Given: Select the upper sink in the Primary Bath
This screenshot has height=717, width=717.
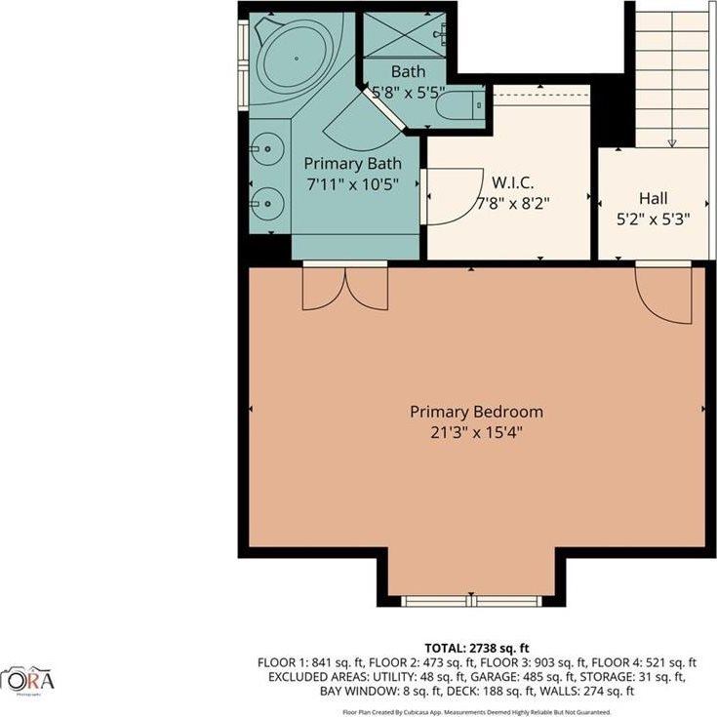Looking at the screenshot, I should pos(265,149).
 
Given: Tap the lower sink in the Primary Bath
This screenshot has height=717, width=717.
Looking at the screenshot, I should pos(265,203).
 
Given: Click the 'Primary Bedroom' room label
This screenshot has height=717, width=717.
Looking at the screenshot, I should pos(476,412).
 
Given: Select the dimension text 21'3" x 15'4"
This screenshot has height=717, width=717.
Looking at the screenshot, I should pos(476,431).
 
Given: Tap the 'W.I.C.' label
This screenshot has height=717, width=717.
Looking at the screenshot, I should pos(511,183).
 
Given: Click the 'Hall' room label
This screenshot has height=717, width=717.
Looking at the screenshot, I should pos(653,198).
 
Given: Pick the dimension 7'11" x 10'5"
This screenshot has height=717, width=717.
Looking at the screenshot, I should pos(352,184).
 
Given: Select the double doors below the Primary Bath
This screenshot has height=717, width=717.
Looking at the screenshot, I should pos(345,287).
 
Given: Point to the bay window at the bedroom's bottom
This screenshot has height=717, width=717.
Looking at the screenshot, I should pos(471,601).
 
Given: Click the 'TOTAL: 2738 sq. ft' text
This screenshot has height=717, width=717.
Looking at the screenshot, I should pos(476,647).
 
